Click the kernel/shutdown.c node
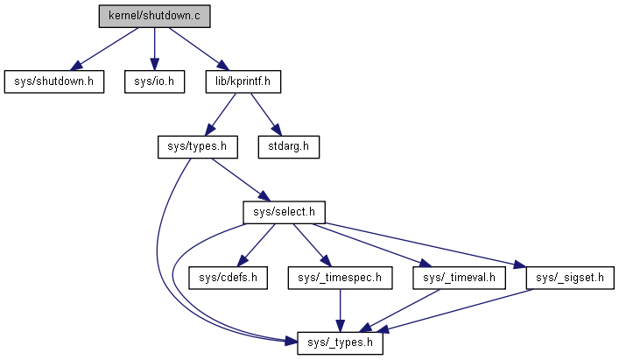(x=154, y=16)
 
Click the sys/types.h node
(x=197, y=146)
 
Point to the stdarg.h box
(x=288, y=146)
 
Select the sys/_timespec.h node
(x=340, y=278)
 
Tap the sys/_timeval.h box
(x=460, y=278)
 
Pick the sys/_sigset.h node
(x=570, y=278)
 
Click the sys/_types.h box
(x=341, y=342)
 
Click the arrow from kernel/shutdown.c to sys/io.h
(x=154, y=48)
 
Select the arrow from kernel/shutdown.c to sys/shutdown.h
(x=105, y=47)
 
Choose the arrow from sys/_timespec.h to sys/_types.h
(x=340, y=310)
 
